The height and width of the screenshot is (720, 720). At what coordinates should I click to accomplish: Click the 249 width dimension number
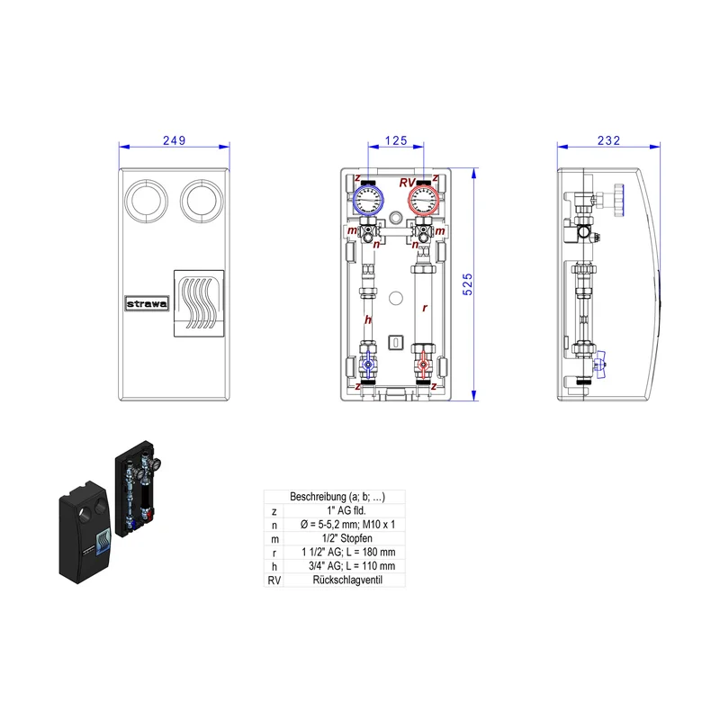174,140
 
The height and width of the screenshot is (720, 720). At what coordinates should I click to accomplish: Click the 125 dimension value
396,140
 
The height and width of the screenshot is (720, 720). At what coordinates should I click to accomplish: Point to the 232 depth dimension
608,140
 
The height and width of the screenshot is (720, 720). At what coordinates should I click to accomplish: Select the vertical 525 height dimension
467,284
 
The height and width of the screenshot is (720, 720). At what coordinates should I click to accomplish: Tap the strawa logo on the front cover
147,303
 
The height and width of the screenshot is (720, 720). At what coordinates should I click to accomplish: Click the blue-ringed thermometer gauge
368,200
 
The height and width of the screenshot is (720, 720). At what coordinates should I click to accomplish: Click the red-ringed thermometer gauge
423,200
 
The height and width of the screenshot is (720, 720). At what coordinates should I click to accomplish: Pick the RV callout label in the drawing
407,183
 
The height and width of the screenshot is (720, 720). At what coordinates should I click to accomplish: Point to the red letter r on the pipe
425,308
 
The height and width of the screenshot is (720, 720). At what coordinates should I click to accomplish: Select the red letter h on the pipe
368,319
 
